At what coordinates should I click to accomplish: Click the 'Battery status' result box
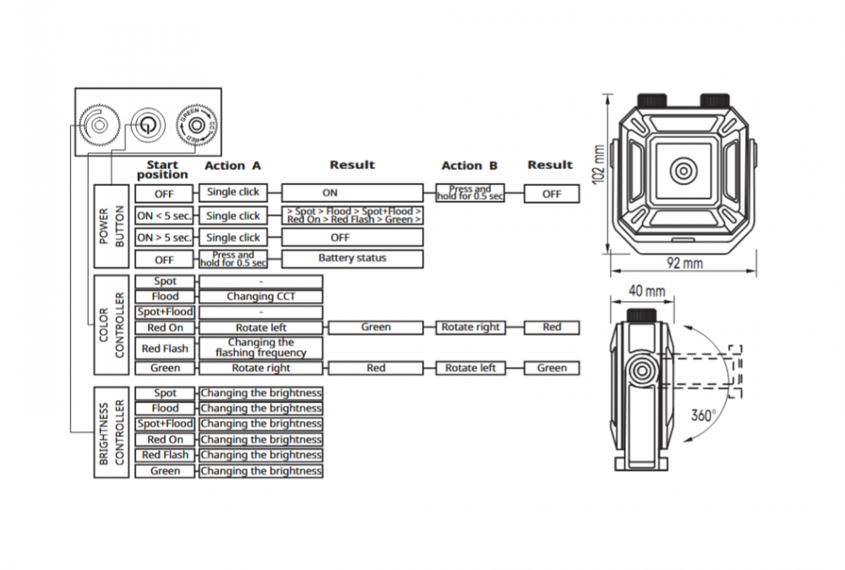point(352,259)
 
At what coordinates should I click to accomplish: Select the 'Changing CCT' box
point(261,297)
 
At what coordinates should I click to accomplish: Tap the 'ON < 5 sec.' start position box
point(164,216)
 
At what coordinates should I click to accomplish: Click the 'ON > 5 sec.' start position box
point(164,238)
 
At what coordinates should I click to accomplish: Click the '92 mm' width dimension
point(684,263)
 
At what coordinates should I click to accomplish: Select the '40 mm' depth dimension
point(646,292)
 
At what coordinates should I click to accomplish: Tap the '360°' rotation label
point(702,416)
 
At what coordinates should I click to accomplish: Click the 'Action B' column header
point(470,166)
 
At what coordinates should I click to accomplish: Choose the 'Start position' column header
point(162,170)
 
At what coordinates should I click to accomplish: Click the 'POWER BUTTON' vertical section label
point(111,227)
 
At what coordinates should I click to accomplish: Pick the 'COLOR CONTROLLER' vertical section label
point(111,325)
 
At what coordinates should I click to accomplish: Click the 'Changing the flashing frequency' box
point(261,348)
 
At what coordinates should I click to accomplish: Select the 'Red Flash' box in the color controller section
point(165,348)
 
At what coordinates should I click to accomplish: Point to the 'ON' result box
point(352,194)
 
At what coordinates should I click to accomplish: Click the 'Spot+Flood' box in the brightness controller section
point(165,424)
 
